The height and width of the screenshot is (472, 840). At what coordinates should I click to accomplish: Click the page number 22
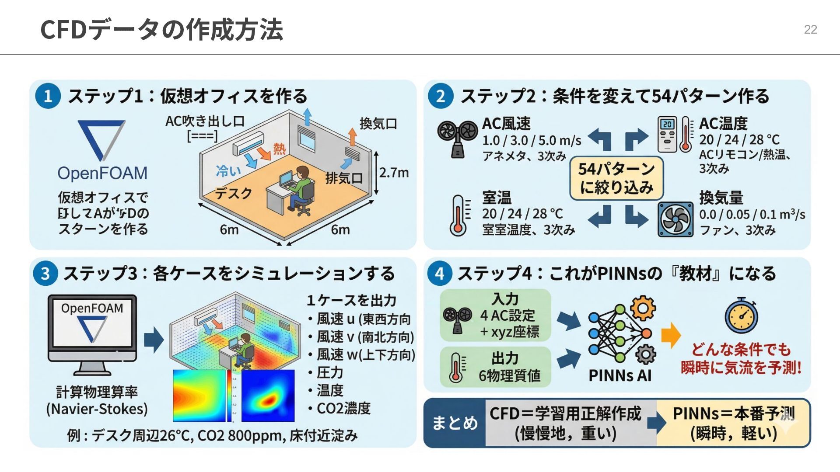click(810, 29)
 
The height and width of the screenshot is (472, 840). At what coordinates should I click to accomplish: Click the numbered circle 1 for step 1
click(48, 96)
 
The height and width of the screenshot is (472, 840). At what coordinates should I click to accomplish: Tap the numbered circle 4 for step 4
click(439, 273)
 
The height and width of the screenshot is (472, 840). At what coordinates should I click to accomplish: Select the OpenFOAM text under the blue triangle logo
click(102, 173)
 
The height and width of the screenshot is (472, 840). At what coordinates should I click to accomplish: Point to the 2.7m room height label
click(394, 173)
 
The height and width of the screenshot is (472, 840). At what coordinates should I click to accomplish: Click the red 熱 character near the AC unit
click(279, 149)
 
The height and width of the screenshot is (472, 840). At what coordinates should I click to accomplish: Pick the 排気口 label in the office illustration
click(344, 178)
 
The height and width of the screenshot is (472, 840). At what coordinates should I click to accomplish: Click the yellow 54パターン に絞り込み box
click(616, 178)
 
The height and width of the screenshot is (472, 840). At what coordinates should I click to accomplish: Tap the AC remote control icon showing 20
click(667, 134)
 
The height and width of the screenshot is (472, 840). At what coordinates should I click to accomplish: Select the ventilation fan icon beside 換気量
click(675, 219)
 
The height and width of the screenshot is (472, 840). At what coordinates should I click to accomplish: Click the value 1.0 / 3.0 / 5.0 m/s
click(532, 140)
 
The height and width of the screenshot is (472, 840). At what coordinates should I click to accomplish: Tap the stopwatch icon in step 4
click(741, 316)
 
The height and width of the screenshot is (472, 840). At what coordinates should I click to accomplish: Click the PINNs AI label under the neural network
click(620, 375)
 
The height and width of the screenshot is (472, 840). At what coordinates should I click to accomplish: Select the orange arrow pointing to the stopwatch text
click(671, 335)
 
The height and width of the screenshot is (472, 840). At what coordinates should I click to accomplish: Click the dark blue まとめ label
click(455, 423)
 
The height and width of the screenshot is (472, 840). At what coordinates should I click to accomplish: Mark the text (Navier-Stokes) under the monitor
click(97, 409)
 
